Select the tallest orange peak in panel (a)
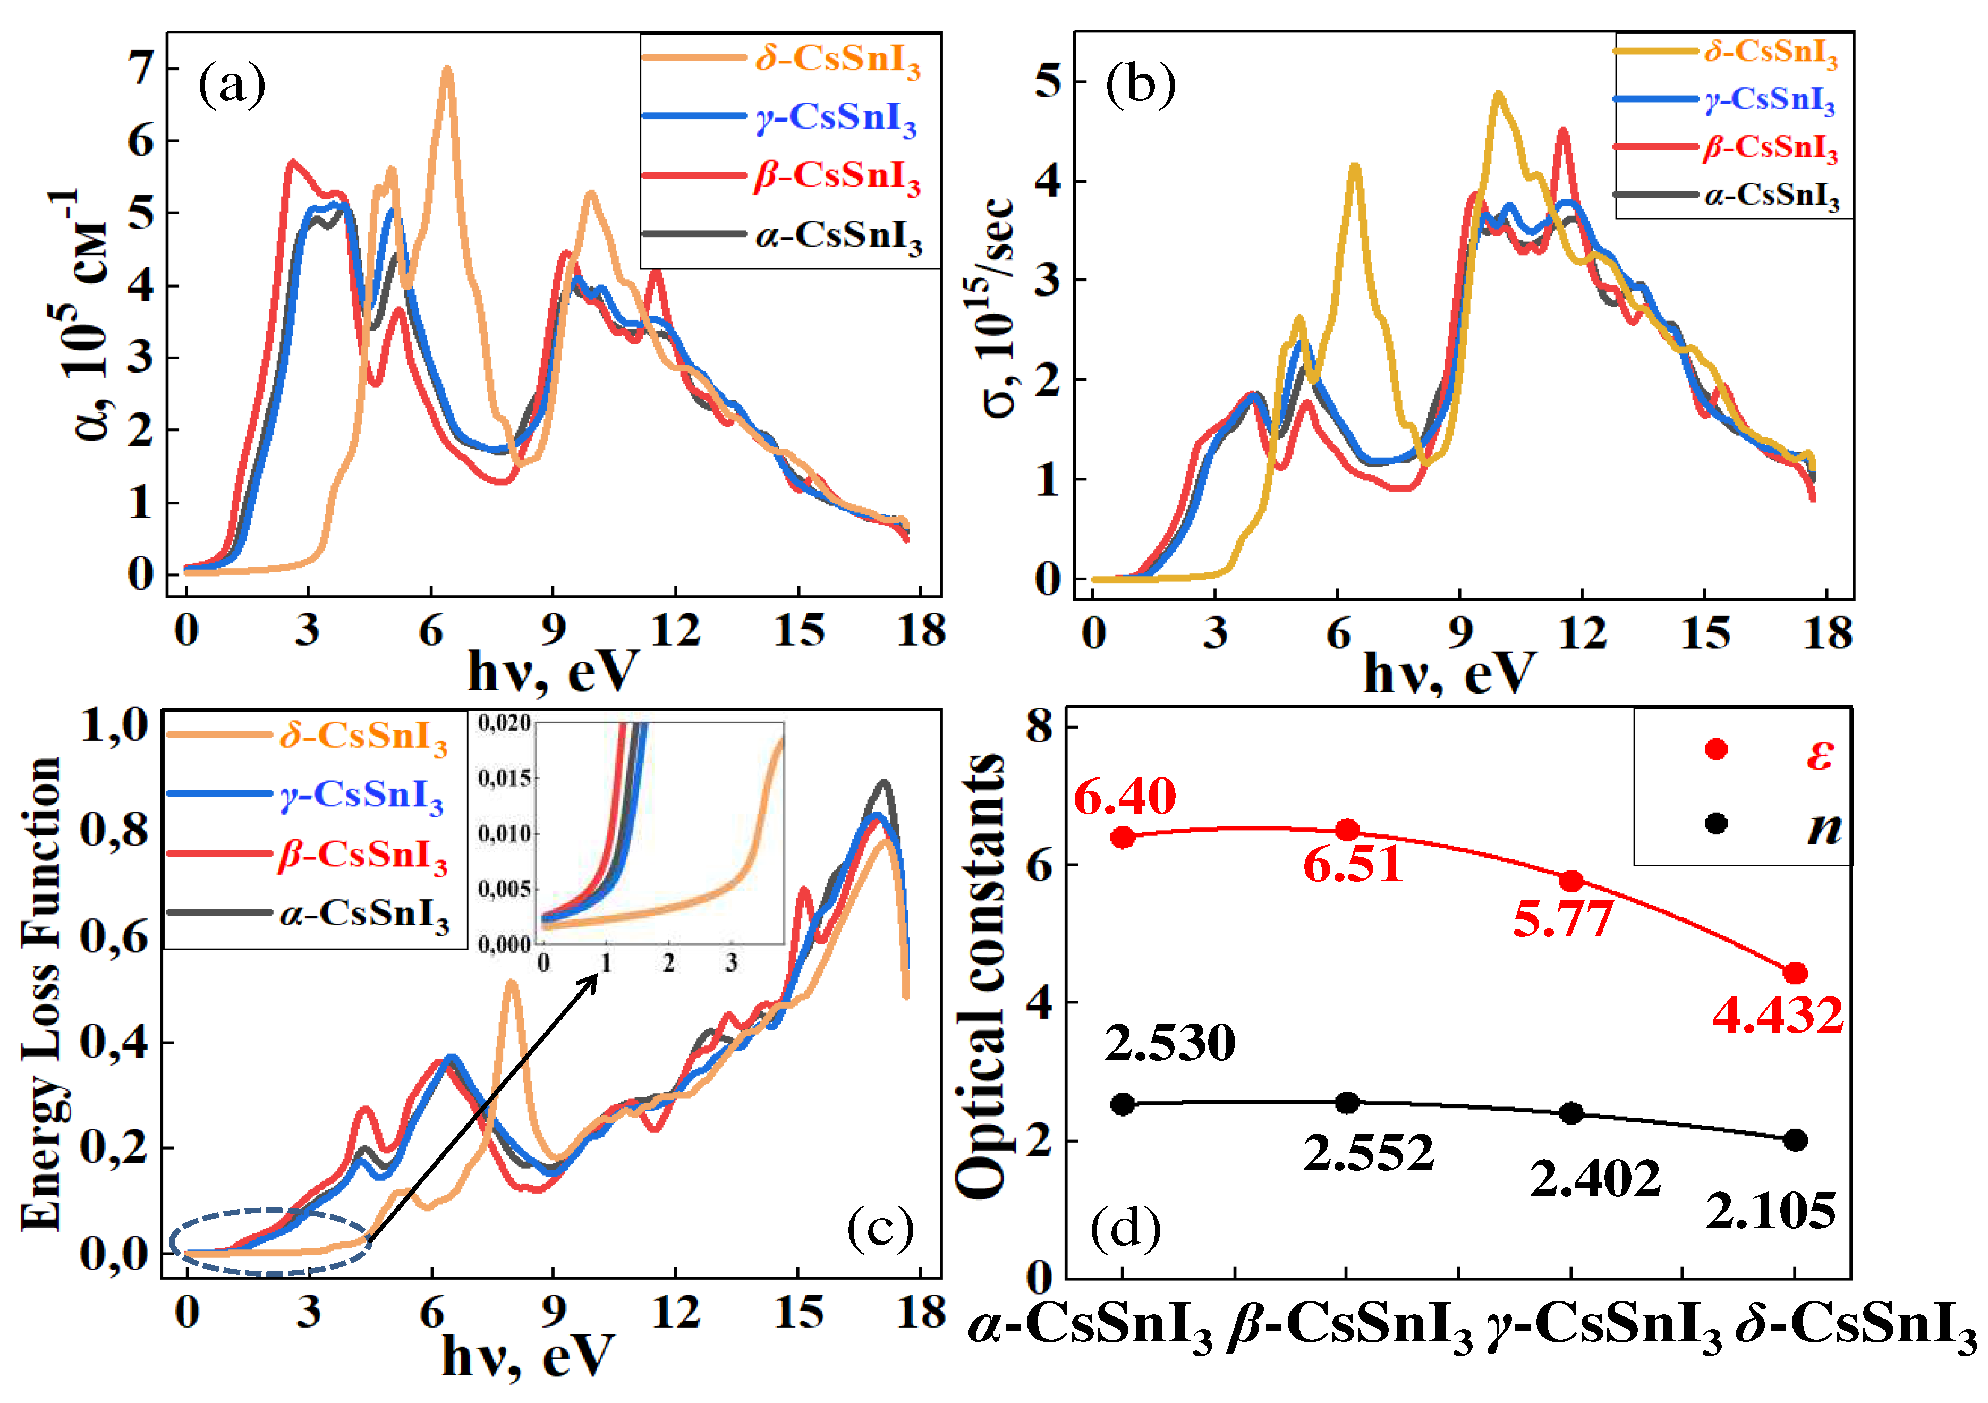pyautogui.click(x=447, y=69)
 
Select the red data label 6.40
pyautogui.click(x=1124, y=795)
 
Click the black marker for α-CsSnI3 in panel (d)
pyautogui.click(x=1123, y=1104)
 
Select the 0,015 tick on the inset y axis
pyautogui.click(x=504, y=777)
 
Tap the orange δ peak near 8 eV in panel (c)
pyautogui.click(x=511, y=983)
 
